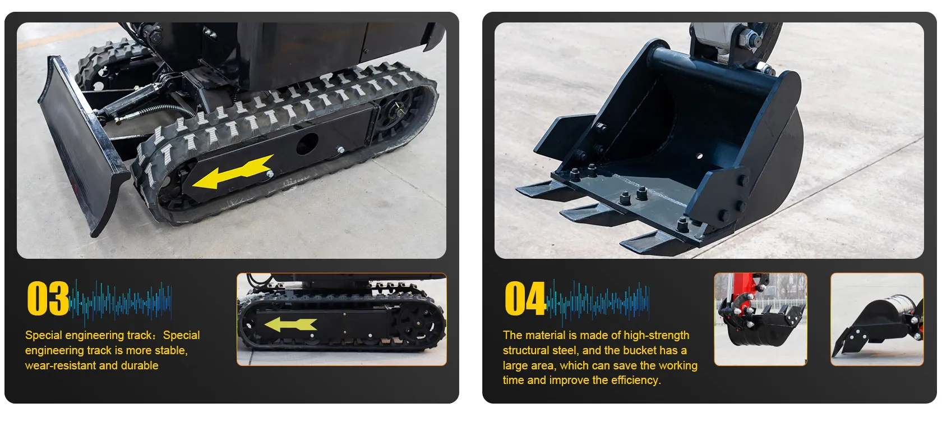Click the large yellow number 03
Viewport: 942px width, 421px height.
48,299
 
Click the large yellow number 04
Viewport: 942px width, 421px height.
525,299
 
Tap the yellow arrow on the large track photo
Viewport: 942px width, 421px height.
233,172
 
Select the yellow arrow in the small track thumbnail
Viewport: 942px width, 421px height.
290,324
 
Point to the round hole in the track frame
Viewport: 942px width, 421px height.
307,144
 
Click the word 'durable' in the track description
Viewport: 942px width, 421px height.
140,365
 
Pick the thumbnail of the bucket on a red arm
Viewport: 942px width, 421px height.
760,319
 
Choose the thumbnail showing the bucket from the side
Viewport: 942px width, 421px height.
877,319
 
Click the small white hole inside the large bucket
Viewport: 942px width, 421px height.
699,156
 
